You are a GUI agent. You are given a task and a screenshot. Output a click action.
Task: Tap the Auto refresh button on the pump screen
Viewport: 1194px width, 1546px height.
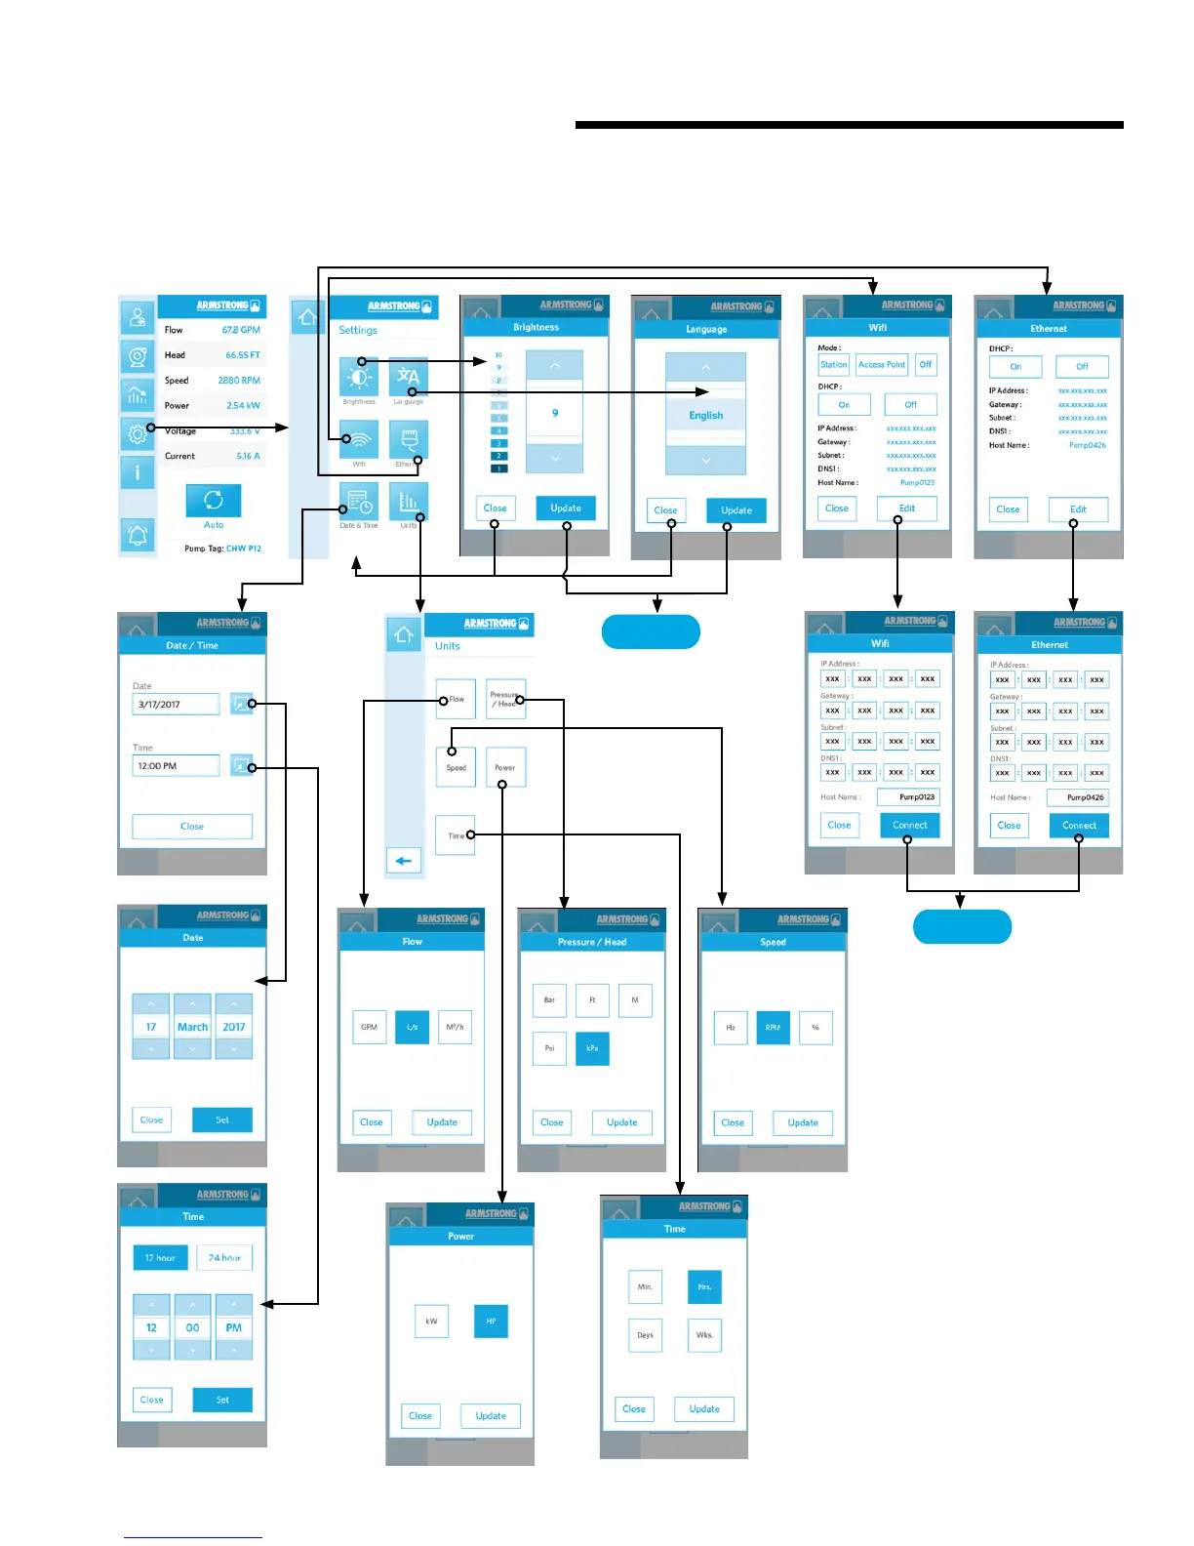coord(213,501)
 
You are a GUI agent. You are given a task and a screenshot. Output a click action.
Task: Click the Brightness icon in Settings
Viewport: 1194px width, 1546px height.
coord(359,377)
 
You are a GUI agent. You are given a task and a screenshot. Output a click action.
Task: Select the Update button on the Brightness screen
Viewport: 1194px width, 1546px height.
coord(566,509)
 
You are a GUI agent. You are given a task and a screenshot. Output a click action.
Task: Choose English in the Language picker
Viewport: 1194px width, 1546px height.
coord(705,415)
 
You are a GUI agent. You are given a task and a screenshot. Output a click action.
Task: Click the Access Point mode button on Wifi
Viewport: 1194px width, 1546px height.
coord(882,365)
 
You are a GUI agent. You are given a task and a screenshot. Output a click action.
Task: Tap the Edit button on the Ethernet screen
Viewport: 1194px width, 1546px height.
coord(1078,509)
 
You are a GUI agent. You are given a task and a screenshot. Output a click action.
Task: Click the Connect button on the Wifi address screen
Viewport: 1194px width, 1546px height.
coord(910,826)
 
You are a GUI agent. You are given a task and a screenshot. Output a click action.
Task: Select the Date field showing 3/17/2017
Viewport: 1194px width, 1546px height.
coord(177,704)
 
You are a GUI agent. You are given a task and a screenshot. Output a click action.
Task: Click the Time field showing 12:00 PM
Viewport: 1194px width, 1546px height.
coord(177,766)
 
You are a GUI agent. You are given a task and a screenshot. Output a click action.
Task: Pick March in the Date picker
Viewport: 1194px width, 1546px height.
coord(192,1027)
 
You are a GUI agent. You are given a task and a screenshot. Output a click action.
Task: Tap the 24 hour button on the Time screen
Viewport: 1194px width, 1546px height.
coord(224,1258)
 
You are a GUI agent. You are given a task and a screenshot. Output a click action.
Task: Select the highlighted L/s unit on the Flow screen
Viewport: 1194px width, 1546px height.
coord(412,1027)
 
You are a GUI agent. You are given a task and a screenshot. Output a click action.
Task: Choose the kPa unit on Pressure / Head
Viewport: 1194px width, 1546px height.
coord(592,1048)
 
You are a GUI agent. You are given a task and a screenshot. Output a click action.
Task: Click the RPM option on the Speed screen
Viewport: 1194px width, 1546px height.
coord(773,1027)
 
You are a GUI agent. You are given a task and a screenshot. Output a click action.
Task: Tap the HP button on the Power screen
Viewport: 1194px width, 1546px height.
coord(491,1322)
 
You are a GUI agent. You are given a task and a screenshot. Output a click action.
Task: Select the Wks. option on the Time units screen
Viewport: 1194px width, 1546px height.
coord(704,1335)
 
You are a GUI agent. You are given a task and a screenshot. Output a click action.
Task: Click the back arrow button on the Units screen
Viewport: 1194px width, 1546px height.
coord(404,861)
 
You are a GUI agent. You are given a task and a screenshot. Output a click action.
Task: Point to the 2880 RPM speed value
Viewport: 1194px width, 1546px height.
coord(239,381)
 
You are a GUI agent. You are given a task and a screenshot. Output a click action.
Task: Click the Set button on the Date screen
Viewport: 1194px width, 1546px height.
coord(222,1120)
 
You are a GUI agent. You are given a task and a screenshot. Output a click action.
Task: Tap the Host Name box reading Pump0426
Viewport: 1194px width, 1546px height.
coord(1078,797)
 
